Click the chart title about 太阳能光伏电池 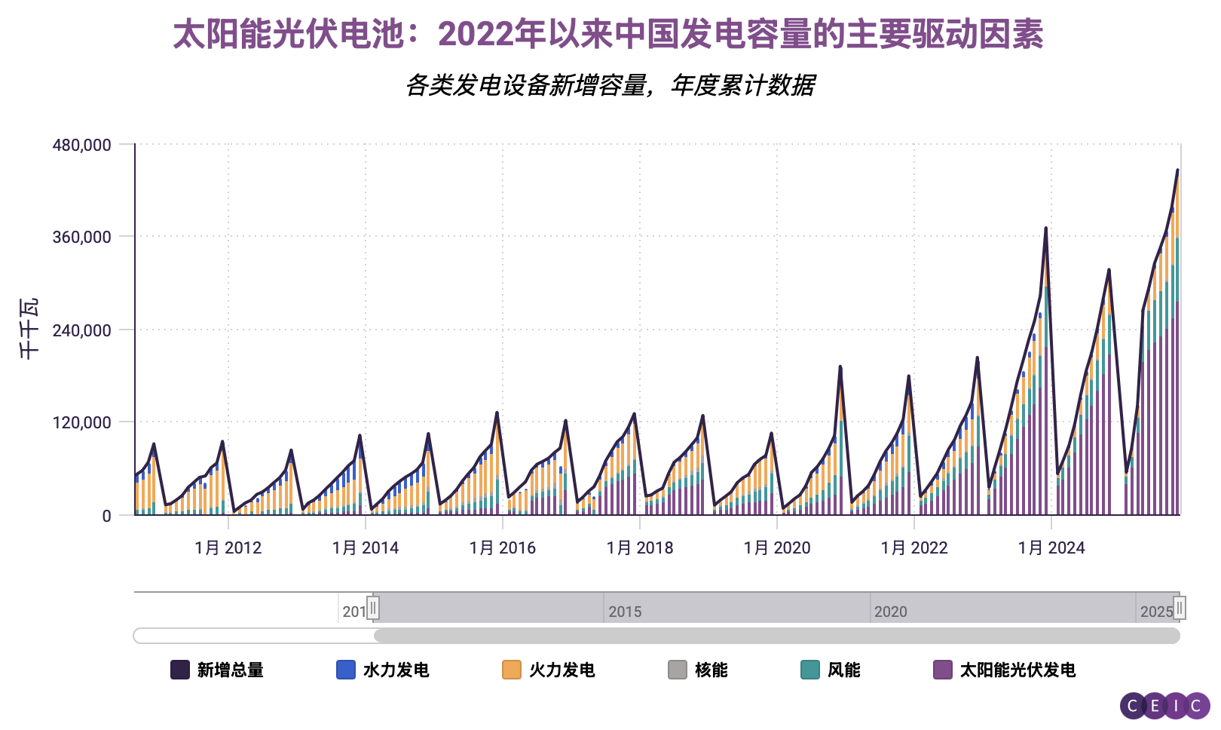607,35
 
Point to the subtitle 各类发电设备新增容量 610,85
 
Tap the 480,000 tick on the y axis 81,145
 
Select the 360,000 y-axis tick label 81,238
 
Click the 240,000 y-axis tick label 81,330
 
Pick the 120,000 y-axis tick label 81,423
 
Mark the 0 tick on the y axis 106,516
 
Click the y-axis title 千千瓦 29,329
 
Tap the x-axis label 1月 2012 228,548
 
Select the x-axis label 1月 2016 502,548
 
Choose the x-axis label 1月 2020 776,548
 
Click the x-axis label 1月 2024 1051,548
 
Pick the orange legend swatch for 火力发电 512,670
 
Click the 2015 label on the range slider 625,612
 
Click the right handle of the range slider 1180,608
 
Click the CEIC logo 1164,706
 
